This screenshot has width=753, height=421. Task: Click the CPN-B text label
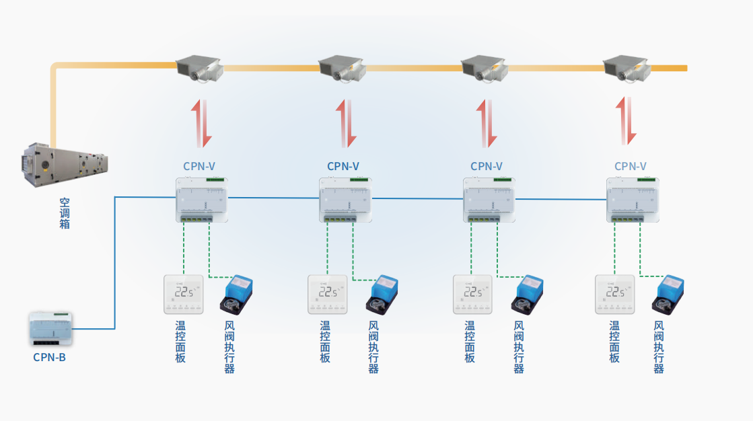[x=49, y=357]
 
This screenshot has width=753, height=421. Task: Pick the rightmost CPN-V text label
[x=630, y=166]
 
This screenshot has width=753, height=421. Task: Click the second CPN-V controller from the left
[x=345, y=200]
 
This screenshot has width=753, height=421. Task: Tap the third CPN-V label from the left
[x=487, y=166]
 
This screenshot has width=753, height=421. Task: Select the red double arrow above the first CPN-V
[x=201, y=123]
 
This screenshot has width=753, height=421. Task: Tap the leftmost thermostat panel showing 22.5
[x=184, y=294]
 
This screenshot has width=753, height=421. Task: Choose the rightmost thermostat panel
[x=614, y=294]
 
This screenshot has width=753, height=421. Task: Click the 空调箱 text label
[x=65, y=213]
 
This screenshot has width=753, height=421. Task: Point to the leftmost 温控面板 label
[x=180, y=342]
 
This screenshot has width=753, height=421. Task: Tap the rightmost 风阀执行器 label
[x=659, y=347]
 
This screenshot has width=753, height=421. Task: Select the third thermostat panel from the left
[x=472, y=294]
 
